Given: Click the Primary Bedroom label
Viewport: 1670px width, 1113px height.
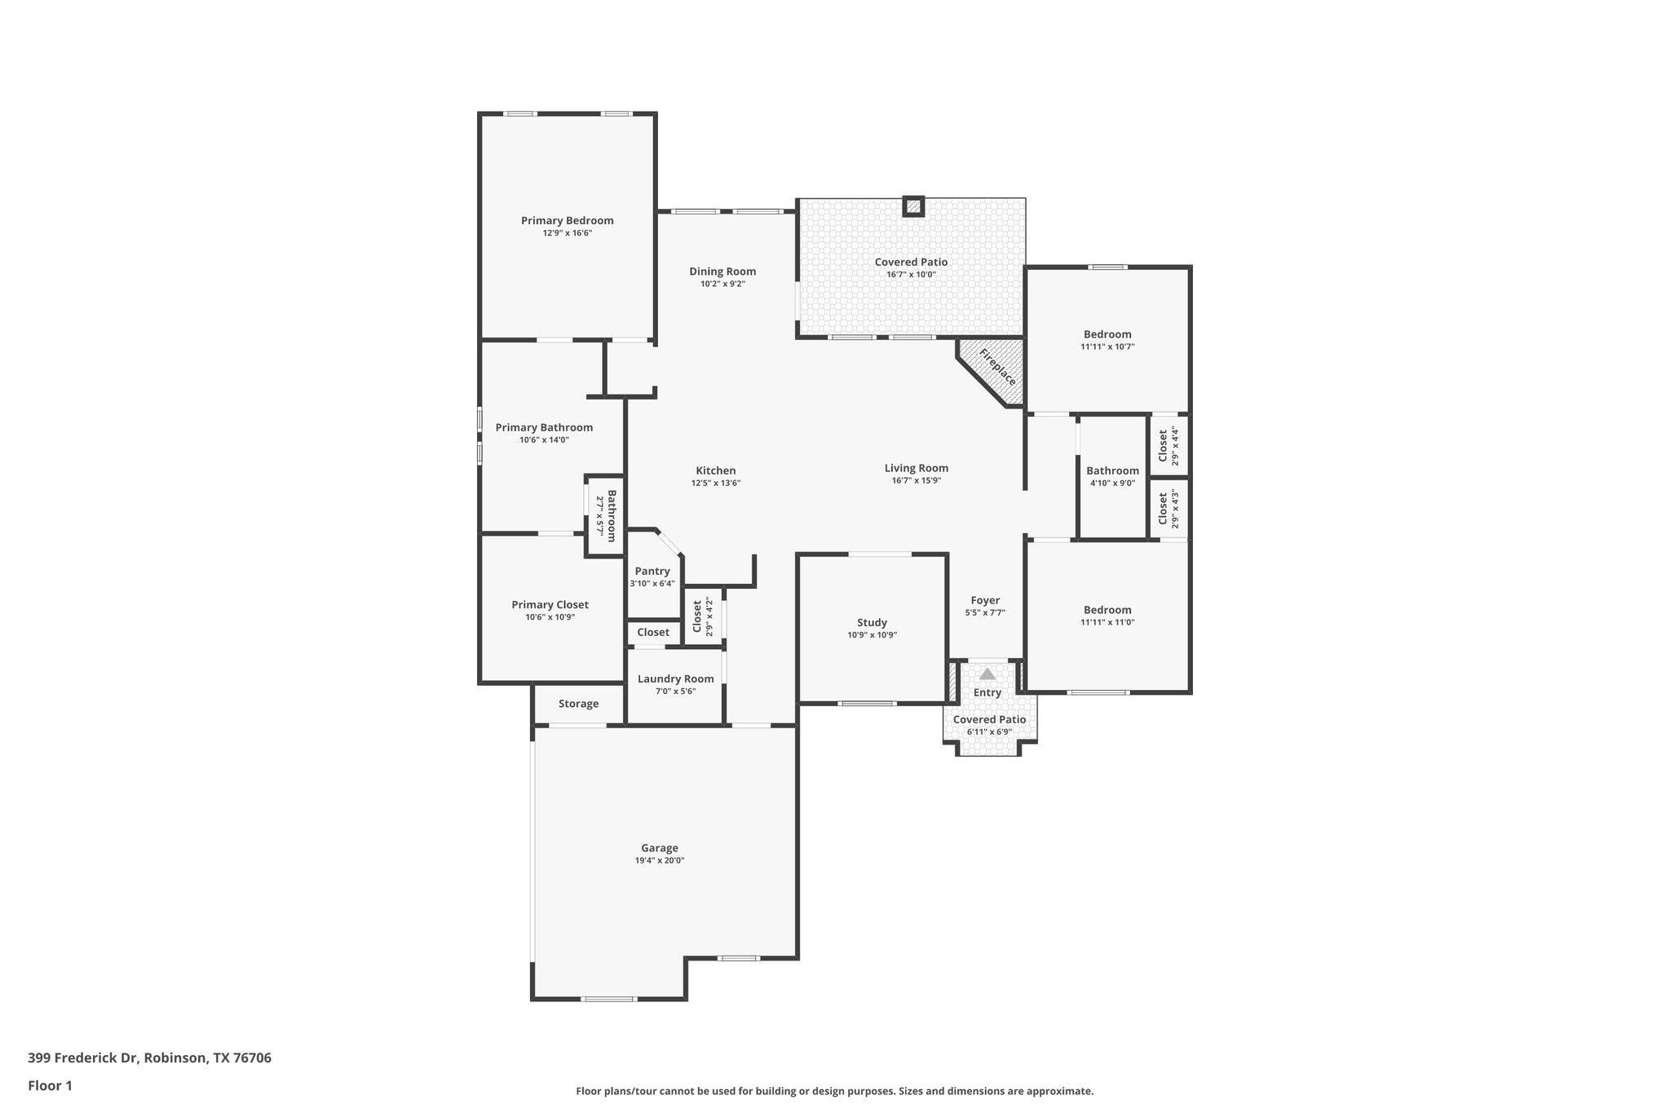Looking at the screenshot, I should pyautogui.click(x=567, y=220).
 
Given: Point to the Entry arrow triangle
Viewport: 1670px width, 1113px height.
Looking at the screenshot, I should pyautogui.click(x=987, y=674).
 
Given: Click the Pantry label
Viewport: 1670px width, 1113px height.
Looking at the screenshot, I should pyautogui.click(x=652, y=571).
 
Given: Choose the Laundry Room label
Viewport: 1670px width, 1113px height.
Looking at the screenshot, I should pyautogui.click(x=675, y=678).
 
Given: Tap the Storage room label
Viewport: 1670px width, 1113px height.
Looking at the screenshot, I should pyautogui.click(x=578, y=704).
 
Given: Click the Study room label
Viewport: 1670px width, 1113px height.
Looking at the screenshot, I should pyautogui.click(x=872, y=622).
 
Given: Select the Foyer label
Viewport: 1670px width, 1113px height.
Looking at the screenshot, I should pyautogui.click(x=985, y=600).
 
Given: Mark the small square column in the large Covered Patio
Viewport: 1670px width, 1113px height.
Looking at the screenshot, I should pyautogui.click(x=913, y=207).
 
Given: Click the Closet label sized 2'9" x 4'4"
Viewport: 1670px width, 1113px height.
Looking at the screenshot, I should pyautogui.click(x=1163, y=446).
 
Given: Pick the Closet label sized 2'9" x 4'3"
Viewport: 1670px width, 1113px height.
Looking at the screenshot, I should pyautogui.click(x=1163, y=509).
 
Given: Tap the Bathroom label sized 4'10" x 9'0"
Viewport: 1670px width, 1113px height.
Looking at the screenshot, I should pyautogui.click(x=1112, y=470).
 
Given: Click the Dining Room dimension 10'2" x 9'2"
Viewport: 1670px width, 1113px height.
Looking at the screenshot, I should pyautogui.click(x=722, y=285).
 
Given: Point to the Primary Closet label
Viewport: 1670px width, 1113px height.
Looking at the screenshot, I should pyautogui.click(x=550, y=604).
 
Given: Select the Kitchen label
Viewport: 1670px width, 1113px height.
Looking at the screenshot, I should pyautogui.click(x=715, y=470).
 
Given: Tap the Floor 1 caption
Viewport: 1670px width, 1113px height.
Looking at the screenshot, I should pyautogui.click(x=50, y=1085).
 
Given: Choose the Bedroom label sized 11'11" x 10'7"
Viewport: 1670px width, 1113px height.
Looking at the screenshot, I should pyautogui.click(x=1107, y=333).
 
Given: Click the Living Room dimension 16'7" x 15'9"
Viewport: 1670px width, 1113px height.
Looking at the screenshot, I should pyautogui.click(x=917, y=480).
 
